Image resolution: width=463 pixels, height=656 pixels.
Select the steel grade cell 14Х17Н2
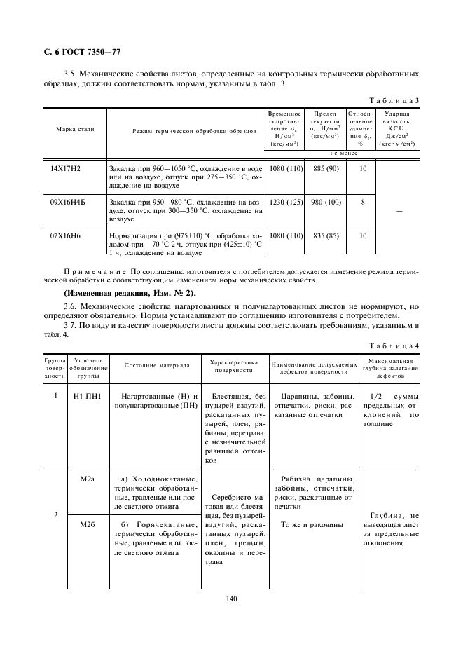tap(66, 170)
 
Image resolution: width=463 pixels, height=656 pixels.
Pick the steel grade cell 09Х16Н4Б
tap(66, 203)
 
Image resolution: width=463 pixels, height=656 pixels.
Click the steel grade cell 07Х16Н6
tap(66, 235)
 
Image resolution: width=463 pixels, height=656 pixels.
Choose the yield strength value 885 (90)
tap(326, 170)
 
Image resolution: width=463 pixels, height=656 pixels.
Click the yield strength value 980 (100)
tap(326, 203)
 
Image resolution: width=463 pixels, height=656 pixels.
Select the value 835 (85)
tap(326, 235)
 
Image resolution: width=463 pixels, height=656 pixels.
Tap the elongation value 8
tap(362, 203)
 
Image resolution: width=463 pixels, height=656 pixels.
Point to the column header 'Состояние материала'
tap(157, 365)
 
